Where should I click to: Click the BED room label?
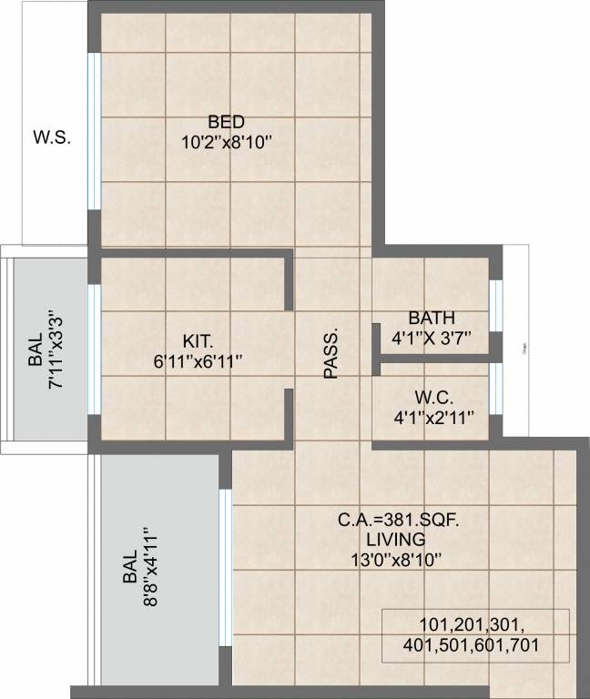pyautogui.click(x=226, y=122)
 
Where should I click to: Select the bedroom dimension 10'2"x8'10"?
pyautogui.click(x=227, y=142)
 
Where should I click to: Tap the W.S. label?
pyautogui.click(x=52, y=138)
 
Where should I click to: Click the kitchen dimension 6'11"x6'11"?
pyautogui.click(x=198, y=360)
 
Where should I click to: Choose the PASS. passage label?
pyautogui.click(x=331, y=352)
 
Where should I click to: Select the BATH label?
pyautogui.click(x=426, y=319)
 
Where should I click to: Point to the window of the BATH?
pyautogui.click(x=495, y=305)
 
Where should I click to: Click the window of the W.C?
pyautogui.click(x=495, y=390)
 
